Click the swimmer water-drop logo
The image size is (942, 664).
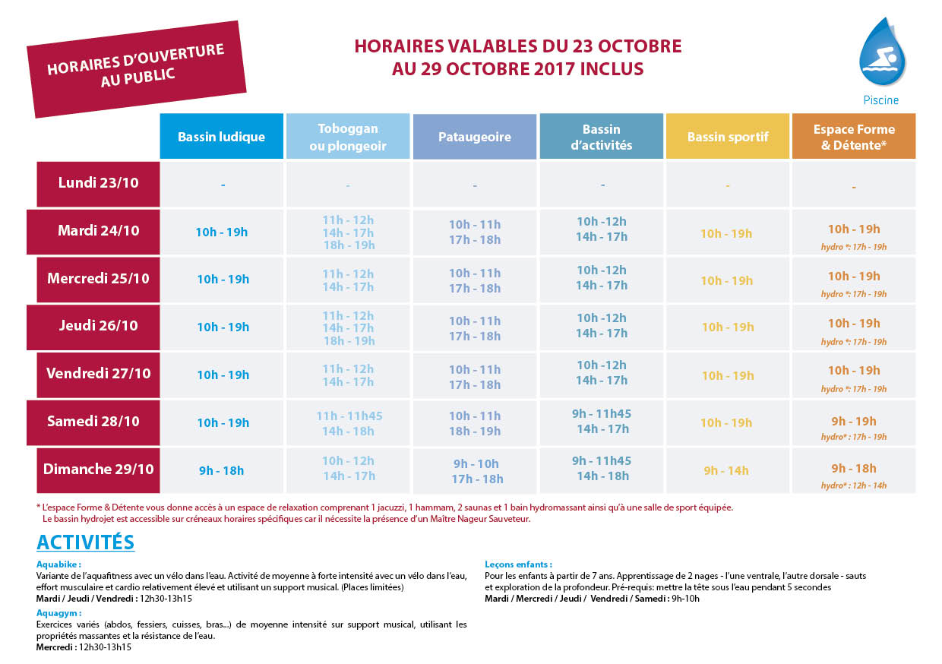[882, 52]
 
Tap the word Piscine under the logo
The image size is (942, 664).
[881, 100]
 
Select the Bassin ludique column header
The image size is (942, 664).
[222, 136]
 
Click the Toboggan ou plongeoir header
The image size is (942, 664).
[348, 136]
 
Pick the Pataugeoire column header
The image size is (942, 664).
[475, 136]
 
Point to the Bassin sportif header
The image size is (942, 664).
[728, 136]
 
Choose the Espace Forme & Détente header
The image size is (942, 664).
[854, 136]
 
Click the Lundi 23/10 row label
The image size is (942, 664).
[99, 184]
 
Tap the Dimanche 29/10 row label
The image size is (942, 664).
[99, 470]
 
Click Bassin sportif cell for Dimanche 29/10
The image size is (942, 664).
[726, 470]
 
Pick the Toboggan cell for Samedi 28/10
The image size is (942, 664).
[349, 423]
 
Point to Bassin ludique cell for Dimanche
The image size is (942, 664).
[222, 470]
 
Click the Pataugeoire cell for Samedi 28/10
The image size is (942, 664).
[475, 423]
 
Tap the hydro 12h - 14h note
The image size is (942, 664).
[854, 485]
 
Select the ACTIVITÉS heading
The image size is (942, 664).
[85, 542]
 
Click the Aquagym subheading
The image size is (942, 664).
[59, 613]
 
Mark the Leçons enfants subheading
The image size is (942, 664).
[519, 564]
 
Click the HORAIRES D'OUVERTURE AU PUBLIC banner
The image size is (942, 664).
[137, 69]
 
